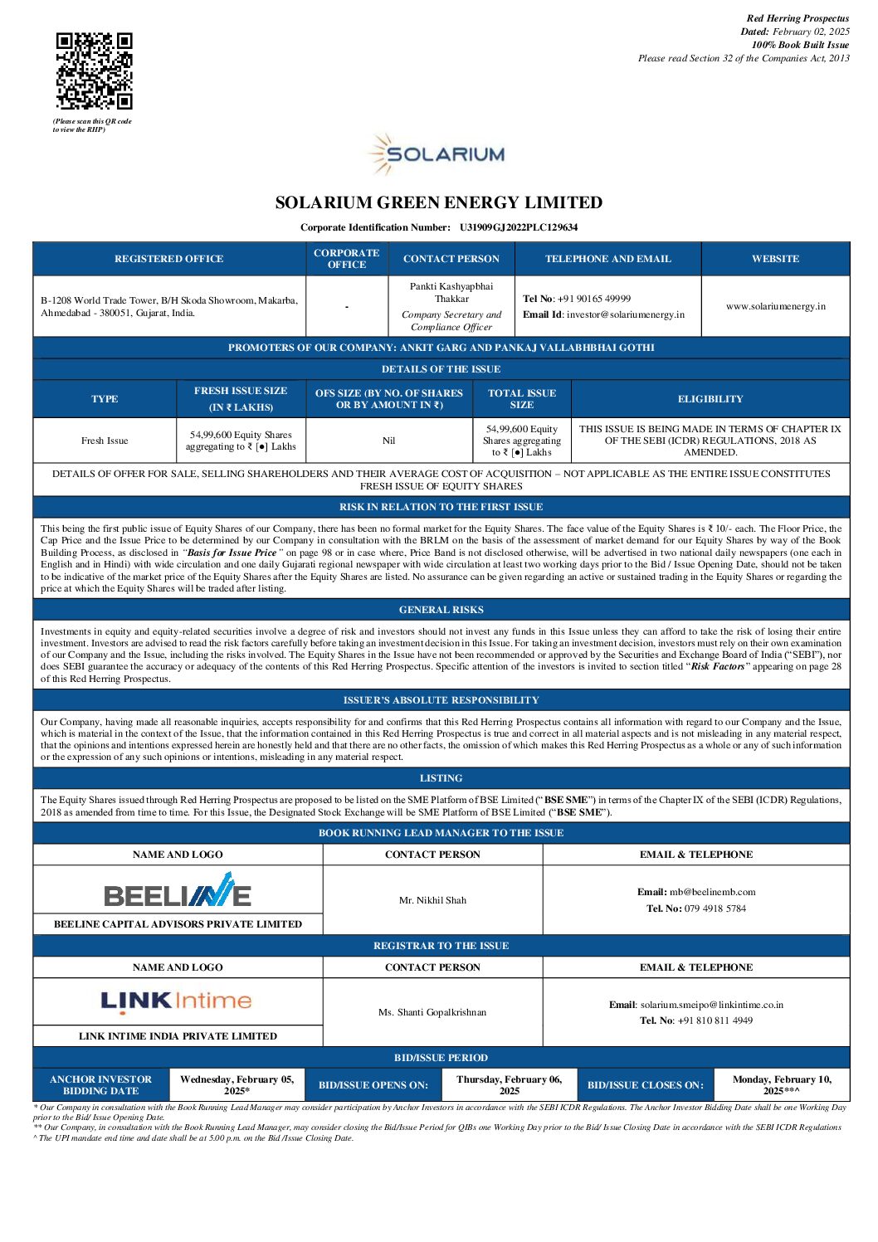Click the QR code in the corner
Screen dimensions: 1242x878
click(94, 71)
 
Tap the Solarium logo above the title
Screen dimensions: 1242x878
click(437, 154)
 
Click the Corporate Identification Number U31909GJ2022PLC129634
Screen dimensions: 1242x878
click(519, 227)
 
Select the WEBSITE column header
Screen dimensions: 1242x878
click(775, 259)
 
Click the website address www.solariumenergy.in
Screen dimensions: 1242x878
click(775, 306)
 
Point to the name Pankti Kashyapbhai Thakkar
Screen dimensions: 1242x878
click(451, 292)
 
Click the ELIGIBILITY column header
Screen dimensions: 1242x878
click(710, 399)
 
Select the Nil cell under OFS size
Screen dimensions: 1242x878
click(388, 441)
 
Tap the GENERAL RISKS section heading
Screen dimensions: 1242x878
click(441, 610)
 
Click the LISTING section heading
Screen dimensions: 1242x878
click(441, 778)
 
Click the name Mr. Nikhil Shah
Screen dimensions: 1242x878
click(432, 900)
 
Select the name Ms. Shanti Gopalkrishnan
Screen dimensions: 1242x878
click(432, 1012)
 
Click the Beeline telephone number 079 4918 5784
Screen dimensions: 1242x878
click(715, 908)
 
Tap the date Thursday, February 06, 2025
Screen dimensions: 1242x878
click(509, 1085)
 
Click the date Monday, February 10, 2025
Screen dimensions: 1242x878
click(781, 1085)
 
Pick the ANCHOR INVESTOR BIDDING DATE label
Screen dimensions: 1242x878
click(100, 1085)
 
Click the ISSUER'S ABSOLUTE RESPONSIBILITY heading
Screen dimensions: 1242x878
click(441, 700)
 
